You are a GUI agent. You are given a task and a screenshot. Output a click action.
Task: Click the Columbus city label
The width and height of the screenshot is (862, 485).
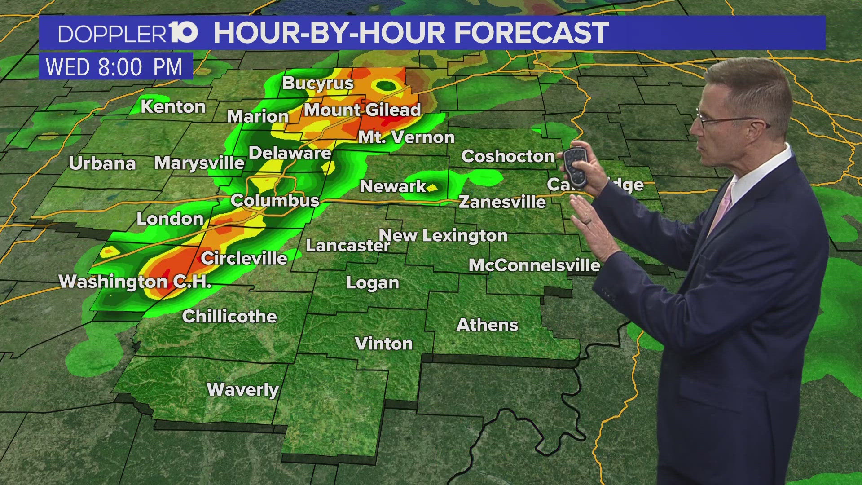coord(275,200)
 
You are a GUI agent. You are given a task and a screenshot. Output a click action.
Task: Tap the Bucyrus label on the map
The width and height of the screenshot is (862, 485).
coord(318,83)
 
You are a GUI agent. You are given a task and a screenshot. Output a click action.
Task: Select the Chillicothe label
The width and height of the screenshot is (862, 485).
coord(229,317)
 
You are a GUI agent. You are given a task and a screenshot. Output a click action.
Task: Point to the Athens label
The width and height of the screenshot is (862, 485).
coord(487,325)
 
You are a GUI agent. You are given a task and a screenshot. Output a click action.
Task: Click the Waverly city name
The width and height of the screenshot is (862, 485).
coord(242,389)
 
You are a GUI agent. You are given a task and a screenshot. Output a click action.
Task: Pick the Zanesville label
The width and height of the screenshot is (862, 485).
coord(502,202)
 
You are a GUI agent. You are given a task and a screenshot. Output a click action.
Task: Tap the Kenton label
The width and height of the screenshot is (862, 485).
coord(173,107)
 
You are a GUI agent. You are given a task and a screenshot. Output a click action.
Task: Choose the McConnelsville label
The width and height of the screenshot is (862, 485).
coord(534,265)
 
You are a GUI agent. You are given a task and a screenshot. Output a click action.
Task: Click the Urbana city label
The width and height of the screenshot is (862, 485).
coord(102,163)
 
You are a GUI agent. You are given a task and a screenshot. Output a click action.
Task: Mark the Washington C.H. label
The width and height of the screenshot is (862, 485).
coord(135,282)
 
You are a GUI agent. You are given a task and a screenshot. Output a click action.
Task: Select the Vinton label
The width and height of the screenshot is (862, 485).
coord(384,344)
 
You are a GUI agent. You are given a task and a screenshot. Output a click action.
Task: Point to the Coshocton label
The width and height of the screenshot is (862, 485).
coord(508,156)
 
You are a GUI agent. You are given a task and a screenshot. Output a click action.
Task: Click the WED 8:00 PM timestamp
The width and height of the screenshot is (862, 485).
coord(114,67)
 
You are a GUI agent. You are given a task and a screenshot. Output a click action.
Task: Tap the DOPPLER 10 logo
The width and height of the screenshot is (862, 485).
coord(128,33)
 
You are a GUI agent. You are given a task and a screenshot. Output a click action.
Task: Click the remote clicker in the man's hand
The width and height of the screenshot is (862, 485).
coord(576,166)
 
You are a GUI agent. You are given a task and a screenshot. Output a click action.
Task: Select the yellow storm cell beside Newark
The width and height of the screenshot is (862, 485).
coord(432,188)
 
